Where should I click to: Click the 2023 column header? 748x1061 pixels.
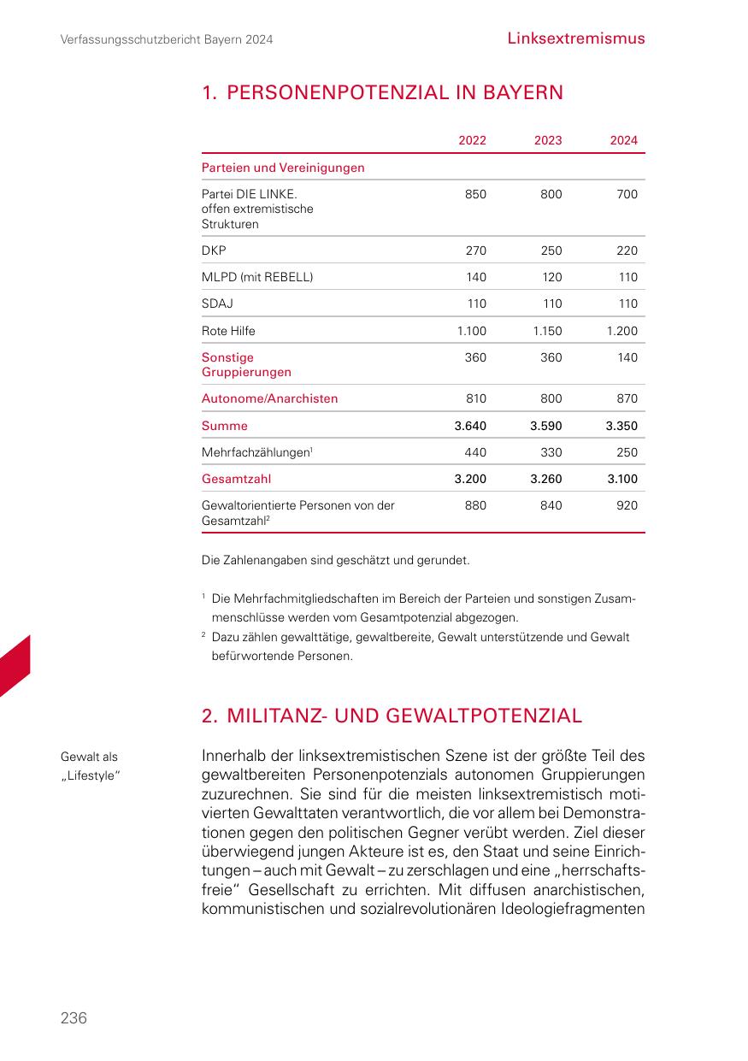[548, 140]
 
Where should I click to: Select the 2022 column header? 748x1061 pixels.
[472, 140]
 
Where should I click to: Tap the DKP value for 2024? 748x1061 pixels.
[627, 251]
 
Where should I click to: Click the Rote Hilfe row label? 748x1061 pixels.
[228, 331]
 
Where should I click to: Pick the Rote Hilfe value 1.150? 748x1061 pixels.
[547, 331]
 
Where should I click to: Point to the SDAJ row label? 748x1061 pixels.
[217, 304]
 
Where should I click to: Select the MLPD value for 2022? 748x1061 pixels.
[475, 277]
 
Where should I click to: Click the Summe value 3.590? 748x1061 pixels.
[546, 426]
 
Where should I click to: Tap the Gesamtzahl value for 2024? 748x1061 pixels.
[622, 479]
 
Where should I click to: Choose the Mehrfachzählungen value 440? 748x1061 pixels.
[475, 452]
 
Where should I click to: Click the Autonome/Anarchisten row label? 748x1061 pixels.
[269, 398]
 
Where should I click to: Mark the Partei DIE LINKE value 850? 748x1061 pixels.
[475, 194]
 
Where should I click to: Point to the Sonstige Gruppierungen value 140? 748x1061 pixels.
[627, 357]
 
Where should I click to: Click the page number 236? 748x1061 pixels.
[74, 1017]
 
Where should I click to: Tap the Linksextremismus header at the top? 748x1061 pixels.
[575, 38]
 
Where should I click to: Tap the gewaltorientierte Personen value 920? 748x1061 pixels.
[627, 505]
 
